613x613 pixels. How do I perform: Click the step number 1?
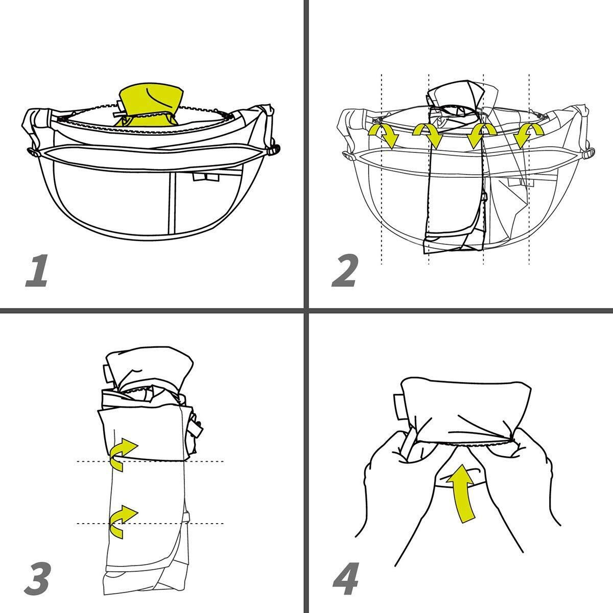coord(37,271)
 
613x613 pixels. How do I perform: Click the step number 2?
coord(345,271)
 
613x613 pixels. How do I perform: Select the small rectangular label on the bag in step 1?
coord(205,177)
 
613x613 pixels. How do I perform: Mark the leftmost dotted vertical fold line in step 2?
coord(382,169)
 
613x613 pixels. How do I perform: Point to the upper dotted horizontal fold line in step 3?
coord(150,461)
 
